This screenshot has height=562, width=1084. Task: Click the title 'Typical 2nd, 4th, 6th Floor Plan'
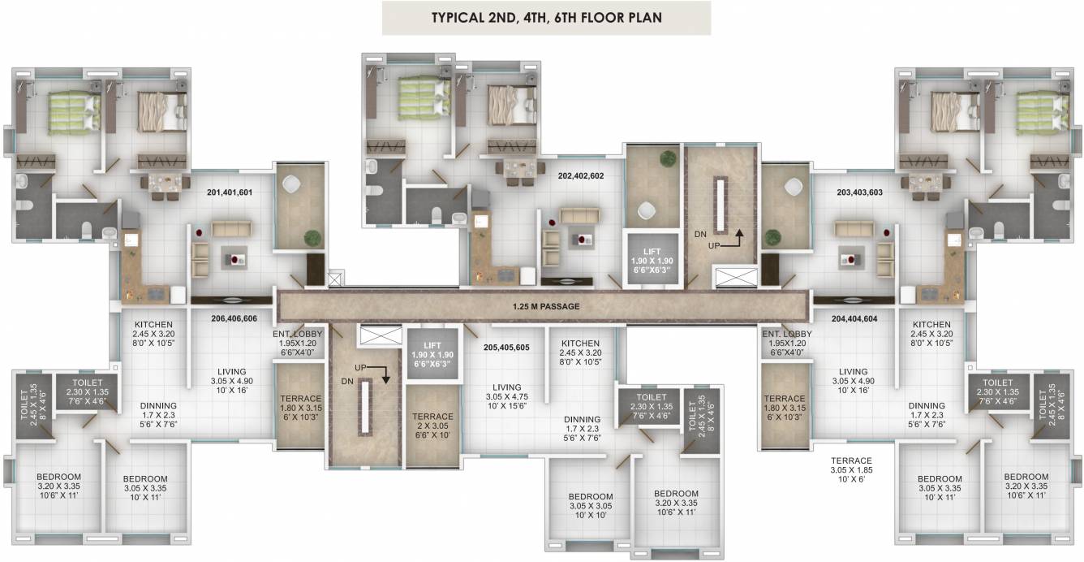point(546,17)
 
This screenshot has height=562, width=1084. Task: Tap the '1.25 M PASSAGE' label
point(546,306)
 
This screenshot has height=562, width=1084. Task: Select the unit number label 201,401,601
point(230,192)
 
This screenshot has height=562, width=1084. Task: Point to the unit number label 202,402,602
point(581,176)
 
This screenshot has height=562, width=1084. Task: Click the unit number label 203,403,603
point(859,192)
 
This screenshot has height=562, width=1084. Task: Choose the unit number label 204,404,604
point(854,319)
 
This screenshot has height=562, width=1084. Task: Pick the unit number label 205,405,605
point(506,348)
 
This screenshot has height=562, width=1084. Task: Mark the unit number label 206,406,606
point(234,319)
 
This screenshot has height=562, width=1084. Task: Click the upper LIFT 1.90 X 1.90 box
point(652,261)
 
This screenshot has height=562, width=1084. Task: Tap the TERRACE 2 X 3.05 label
point(432,426)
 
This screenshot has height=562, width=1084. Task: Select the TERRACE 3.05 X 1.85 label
point(851,470)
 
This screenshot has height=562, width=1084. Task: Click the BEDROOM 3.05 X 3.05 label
point(591,506)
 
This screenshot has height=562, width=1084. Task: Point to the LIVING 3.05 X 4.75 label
point(506,397)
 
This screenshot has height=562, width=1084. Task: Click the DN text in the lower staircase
point(347,382)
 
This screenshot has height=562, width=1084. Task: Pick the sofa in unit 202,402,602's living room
point(579,215)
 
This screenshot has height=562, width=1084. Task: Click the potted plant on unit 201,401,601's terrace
point(312,239)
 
